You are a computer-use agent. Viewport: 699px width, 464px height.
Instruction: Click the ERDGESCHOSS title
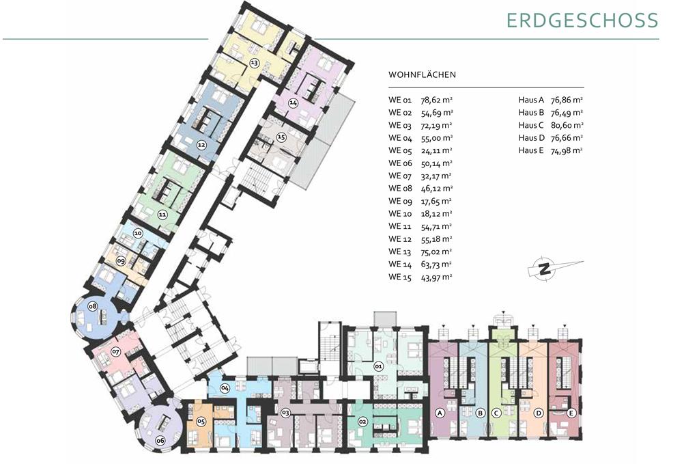pyautogui.click(x=582, y=21)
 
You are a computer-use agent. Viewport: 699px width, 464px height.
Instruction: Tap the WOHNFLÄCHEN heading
pyautogui.click(x=422, y=74)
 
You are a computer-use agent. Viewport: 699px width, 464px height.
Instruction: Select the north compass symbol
pyautogui.click(x=554, y=268)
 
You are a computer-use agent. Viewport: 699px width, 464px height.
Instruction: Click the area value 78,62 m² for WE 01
pyautogui.click(x=437, y=100)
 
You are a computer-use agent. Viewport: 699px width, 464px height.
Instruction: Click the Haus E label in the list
pyautogui.click(x=531, y=150)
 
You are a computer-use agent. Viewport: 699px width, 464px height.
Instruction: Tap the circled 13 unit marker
pyautogui.click(x=254, y=63)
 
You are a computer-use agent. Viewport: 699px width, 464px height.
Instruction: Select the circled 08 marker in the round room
pyautogui.click(x=92, y=306)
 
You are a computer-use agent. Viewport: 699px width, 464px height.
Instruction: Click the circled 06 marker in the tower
pyautogui.click(x=160, y=441)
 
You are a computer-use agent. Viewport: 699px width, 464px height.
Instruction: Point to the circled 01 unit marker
pyautogui.click(x=379, y=367)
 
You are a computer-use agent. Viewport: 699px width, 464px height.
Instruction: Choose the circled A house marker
pyautogui.click(x=440, y=413)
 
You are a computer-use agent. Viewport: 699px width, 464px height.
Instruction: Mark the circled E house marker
pyautogui.click(x=571, y=413)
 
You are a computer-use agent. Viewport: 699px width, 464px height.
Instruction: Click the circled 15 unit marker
pyautogui.click(x=281, y=137)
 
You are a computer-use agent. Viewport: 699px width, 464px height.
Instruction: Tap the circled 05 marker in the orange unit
pyautogui.click(x=201, y=421)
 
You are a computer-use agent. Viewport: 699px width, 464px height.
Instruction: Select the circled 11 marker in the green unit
pyautogui.click(x=162, y=215)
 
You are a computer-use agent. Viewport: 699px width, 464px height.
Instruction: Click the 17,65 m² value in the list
pyautogui.click(x=436, y=201)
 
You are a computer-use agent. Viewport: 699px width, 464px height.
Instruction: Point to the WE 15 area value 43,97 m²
pyautogui.click(x=436, y=277)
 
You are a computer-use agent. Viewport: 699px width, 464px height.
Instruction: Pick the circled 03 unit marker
pyautogui.click(x=286, y=413)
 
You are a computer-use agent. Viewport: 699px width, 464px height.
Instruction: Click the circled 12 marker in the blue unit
pyautogui.click(x=201, y=145)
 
